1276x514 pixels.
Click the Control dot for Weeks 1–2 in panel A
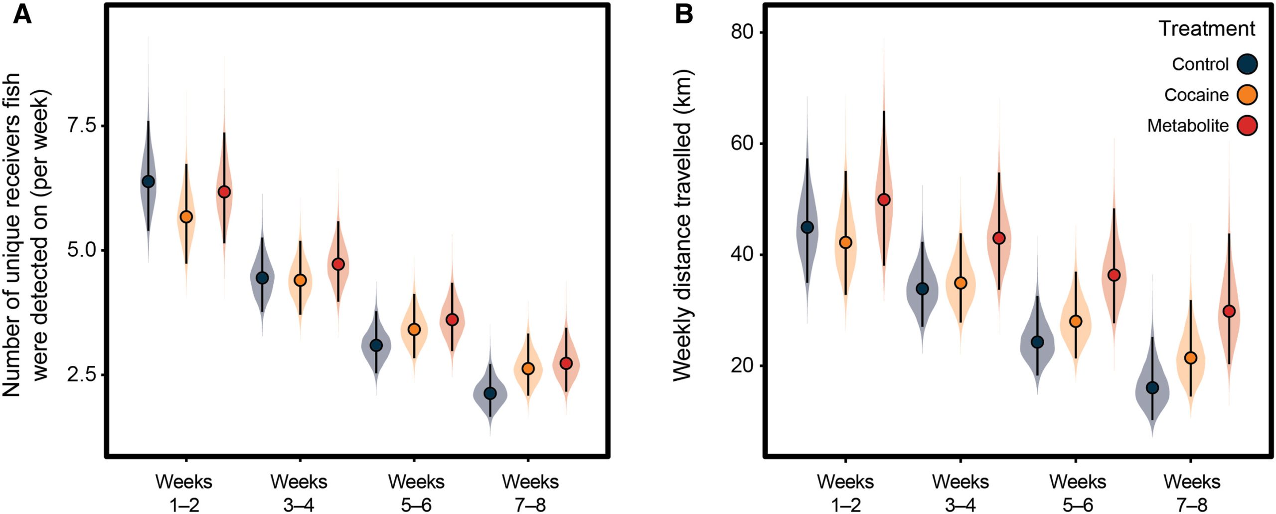click(148, 181)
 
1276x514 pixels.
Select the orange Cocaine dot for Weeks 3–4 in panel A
click(300, 280)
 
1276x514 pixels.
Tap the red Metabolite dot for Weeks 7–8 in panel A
click(566, 363)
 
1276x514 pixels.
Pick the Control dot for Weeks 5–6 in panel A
click(376, 345)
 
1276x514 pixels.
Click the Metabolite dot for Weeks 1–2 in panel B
click(884, 200)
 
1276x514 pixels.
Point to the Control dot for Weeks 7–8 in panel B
click(1152, 388)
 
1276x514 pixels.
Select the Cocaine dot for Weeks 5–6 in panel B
click(1076, 322)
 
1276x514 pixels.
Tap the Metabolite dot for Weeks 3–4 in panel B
click(999, 238)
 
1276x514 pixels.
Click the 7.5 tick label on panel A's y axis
click(82, 126)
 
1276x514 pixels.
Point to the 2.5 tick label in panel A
click(82, 374)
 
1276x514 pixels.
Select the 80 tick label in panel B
click(741, 32)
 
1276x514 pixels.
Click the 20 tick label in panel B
click(741, 365)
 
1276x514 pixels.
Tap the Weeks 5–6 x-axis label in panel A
click(416, 493)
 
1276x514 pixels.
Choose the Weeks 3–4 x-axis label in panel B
click(960, 493)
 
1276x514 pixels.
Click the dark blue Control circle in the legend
click(1247, 64)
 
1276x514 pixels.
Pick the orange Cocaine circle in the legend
click(1247, 95)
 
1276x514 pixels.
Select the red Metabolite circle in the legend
click(1247, 126)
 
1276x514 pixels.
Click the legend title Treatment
click(1206, 29)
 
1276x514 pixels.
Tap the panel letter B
click(684, 14)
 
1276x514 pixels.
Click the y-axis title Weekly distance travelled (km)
click(683, 225)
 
